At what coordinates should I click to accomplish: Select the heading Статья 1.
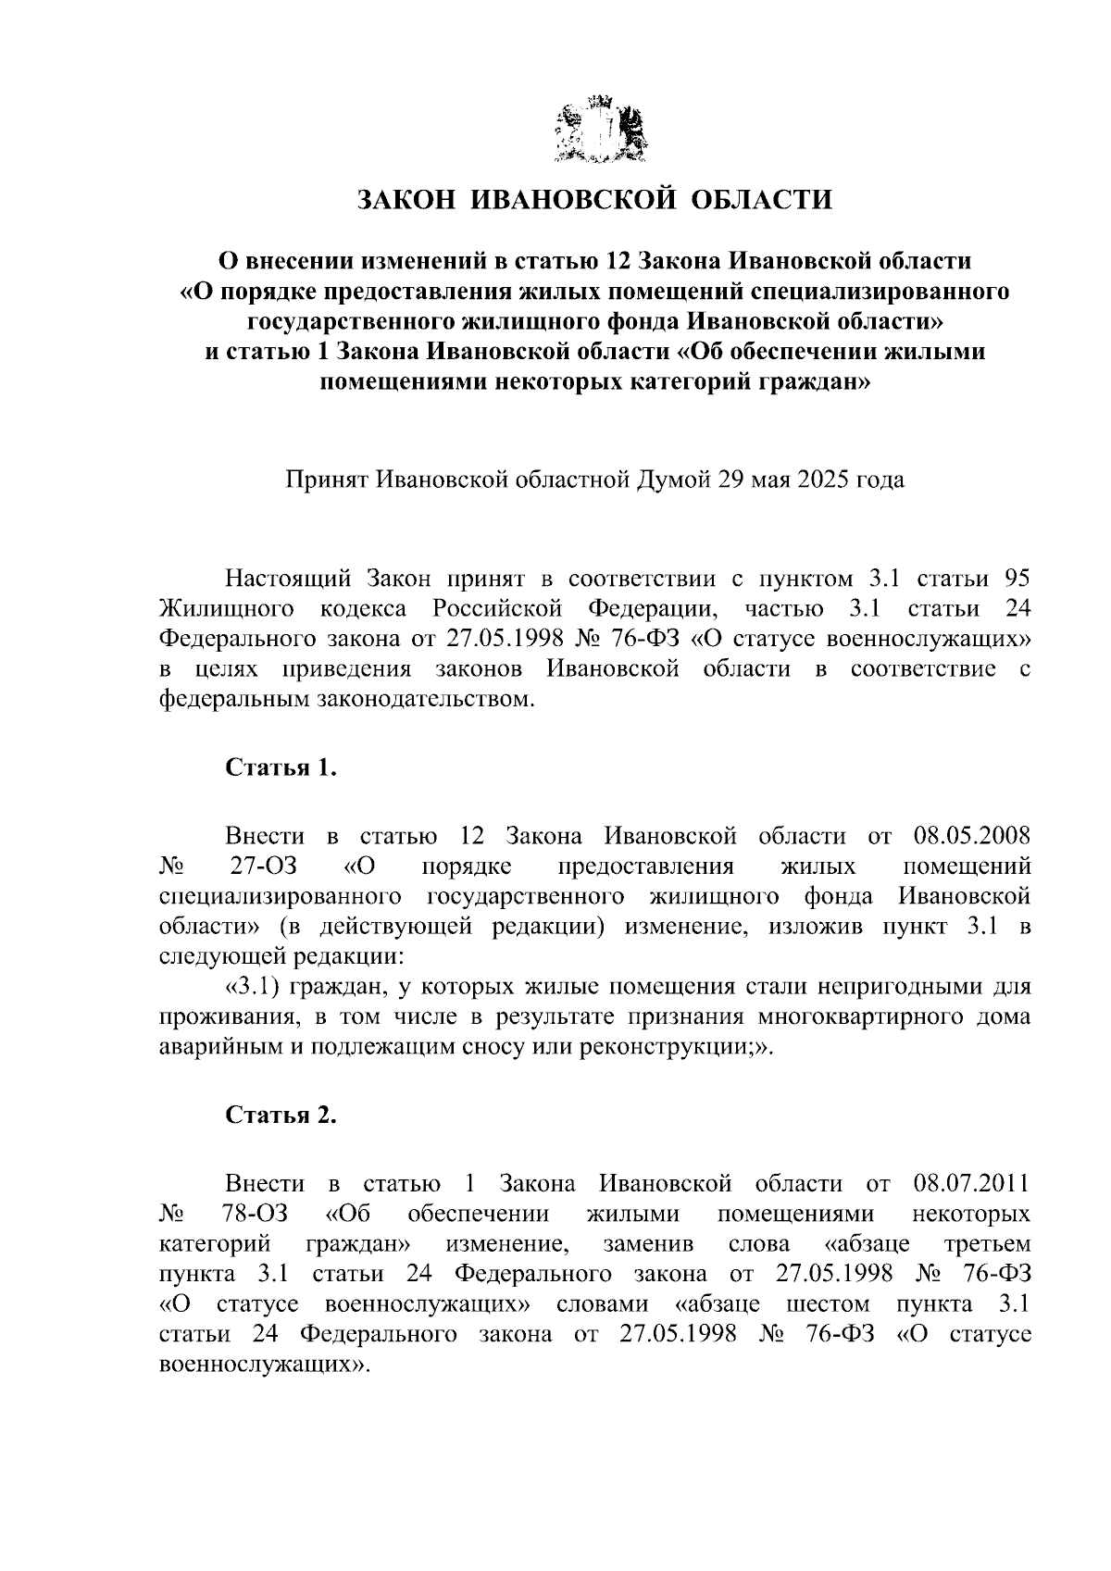(x=281, y=768)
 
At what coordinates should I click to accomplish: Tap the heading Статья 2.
(x=281, y=1116)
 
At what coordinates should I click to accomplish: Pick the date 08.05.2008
(x=971, y=836)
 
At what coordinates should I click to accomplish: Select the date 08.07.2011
(x=971, y=1183)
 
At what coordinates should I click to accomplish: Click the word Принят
(x=327, y=480)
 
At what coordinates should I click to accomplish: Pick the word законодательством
(x=346, y=700)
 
